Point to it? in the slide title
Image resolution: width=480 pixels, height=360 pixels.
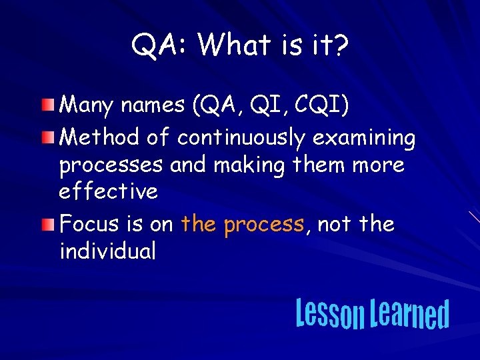click(x=331, y=45)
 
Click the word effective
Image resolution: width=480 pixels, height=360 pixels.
click(x=108, y=191)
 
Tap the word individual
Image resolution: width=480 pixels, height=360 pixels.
click(x=107, y=251)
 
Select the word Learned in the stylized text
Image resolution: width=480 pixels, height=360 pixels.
click(x=409, y=314)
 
